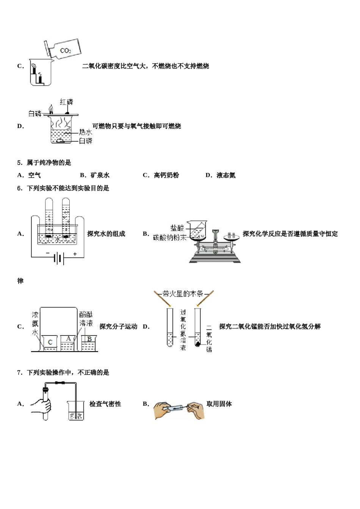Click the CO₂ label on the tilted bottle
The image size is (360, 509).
[65, 50]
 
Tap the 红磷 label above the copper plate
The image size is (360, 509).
[67, 102]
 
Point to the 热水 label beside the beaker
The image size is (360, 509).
[86, 132]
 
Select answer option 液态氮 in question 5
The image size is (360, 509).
[226, 175]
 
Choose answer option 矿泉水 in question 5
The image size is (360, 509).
[100, 175]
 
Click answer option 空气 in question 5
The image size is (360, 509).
[34, 175]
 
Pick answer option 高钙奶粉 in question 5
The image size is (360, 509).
[166, 175]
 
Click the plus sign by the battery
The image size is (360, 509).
[75, 254]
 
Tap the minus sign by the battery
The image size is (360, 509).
[48, 253]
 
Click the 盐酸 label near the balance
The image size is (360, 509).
[177, 228]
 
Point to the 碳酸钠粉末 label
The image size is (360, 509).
[170, 237]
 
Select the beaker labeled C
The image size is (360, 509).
[50, 343]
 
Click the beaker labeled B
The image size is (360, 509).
[89, 342]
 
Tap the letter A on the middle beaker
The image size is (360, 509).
[68, 338]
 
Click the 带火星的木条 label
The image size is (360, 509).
[183, 294]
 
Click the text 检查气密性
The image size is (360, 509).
[105, 404]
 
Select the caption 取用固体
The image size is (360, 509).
[219, 404]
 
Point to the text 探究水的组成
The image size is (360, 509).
[106, 234]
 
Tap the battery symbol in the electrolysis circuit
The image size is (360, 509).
[58, 259]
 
